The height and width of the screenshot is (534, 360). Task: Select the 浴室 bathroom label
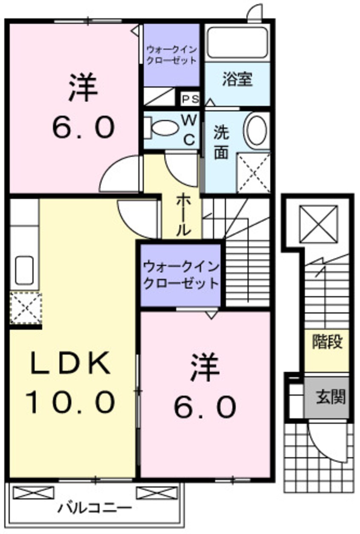pos(237,80)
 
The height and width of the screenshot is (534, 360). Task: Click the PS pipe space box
pos(190,99)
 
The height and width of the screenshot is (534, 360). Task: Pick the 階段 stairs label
pos(327,341)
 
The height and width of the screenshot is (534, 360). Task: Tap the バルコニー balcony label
pos(95,508)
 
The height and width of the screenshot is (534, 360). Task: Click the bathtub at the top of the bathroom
pos(237,42)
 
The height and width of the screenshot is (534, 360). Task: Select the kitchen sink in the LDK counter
pos(24,270)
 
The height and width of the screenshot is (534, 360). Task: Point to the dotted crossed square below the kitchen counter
pos(25,307)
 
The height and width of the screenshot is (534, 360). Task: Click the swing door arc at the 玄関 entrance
pos(326,443)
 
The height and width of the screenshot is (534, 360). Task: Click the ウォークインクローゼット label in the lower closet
pos(181,275)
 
